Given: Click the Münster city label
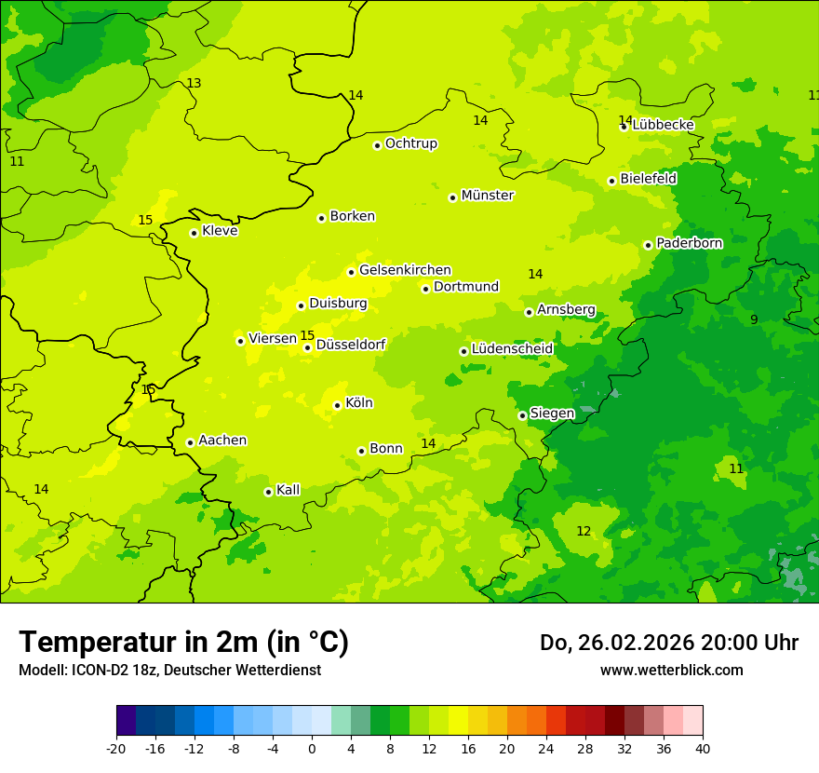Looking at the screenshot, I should coord(488,196).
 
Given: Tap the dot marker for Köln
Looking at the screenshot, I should coord(337,405).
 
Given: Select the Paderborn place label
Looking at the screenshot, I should coord(689,243).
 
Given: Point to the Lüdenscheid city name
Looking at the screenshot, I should coord(512,349).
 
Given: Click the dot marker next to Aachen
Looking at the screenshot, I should coord(190,442).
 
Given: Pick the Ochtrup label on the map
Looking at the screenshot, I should coord(411,143).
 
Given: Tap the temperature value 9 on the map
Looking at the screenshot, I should coord(754,319).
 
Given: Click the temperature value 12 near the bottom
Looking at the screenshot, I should coord(584,532).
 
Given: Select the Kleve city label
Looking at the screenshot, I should coord(220,231).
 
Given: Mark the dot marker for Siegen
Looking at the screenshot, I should coord(522,415).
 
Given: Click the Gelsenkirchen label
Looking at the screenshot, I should coord(405,270).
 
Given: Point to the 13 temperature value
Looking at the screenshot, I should coord(194,84).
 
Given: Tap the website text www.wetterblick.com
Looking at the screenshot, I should coord(672,671).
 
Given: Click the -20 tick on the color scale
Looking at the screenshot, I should coord(116,749).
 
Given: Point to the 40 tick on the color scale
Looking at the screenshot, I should coord(703,749).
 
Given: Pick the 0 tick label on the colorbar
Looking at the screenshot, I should coord(312,749).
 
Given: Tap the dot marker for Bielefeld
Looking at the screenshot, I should coord(611,181).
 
